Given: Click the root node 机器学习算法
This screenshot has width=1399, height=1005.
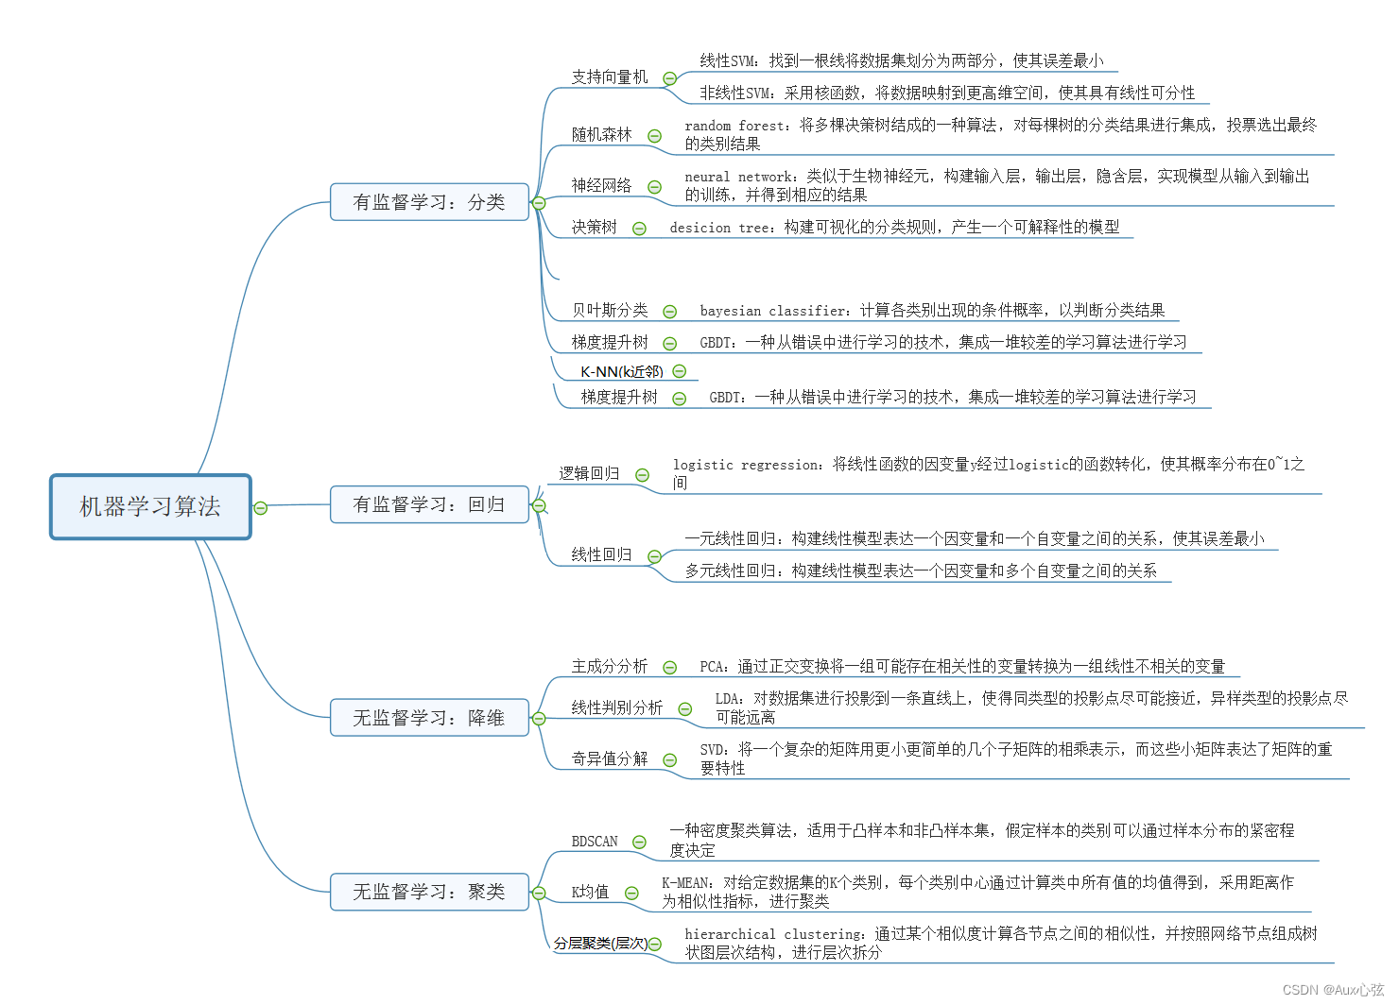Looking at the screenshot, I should (150, 507).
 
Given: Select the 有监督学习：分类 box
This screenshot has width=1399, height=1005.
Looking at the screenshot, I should (429, 202).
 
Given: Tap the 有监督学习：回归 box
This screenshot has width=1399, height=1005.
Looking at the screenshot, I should (429, 504).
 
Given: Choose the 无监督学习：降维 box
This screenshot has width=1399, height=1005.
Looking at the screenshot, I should (429, 718).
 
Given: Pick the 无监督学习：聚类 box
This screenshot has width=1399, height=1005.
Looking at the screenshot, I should (429, 892).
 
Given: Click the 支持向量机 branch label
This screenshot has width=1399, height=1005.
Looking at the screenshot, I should (610, 77).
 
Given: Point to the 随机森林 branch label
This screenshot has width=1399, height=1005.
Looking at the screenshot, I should (601, 135).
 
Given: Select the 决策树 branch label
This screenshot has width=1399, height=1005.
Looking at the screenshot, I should (594, 228).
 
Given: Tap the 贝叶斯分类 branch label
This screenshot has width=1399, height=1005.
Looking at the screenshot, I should (610, 311).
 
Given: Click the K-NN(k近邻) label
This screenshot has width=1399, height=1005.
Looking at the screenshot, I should (621, 372).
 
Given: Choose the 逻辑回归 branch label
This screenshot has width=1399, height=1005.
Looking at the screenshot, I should (589, 473).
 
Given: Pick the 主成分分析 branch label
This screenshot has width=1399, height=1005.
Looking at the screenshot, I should (610, 667).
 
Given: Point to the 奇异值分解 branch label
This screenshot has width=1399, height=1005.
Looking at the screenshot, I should (610, 759).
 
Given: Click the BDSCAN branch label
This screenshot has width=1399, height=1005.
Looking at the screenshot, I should (595, 842).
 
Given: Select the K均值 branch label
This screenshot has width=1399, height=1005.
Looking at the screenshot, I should (590, 893).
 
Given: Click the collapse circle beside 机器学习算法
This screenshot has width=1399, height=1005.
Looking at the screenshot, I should (261, 508).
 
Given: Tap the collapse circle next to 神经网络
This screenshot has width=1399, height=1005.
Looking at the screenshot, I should (654, 187).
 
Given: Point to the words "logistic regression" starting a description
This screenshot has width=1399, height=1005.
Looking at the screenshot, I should (747, 465).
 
